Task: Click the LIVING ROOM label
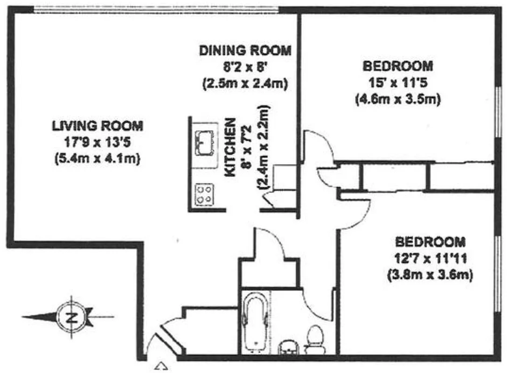(x=97, y=125)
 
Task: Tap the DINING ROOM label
(x=245, y=50)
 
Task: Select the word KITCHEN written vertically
(x=230, y=147)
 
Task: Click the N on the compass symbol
(x=72, y=318)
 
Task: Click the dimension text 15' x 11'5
(x=397, y=83)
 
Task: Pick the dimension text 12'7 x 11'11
(x=430, y=258)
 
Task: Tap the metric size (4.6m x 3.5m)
(x=397, y=100)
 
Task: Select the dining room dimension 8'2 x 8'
(x=245, y=67)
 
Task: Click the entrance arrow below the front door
(x=161, y=366)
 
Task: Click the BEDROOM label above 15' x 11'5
(x=397, y=66)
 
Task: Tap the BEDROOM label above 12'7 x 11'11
(x=430, y=242)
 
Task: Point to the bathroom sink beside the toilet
(x=288, y=347)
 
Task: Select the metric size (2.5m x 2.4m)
(x=245, y=83)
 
